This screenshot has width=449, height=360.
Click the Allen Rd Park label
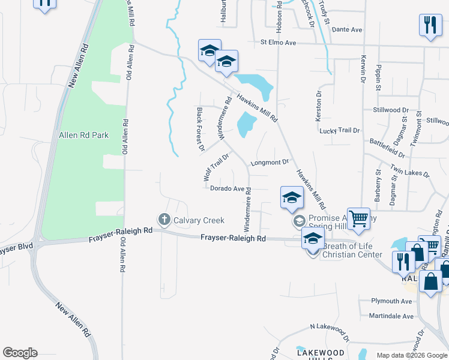pos(83,136)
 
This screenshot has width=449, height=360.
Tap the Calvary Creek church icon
pos(163,220)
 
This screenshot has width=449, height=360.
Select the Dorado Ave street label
pos(228,188)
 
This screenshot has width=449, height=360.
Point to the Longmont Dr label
pos(270,162)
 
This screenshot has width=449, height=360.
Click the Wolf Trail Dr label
pos(216,167)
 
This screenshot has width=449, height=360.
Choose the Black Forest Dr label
pos(200,129)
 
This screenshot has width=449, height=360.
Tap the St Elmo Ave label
pos(279,43)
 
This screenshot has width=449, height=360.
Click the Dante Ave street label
pos(347,29)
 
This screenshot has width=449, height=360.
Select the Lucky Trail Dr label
pos(340,130)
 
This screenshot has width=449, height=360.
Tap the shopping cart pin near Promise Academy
pos(358,220)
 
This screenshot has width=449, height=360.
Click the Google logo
pos(20,353)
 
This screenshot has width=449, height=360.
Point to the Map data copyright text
pos(411,355)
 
